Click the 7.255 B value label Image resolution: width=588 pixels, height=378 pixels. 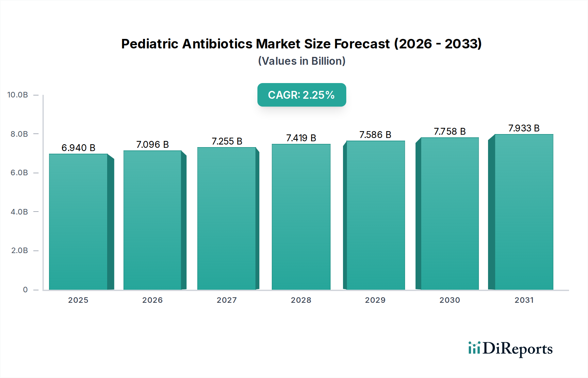tap(227, 141)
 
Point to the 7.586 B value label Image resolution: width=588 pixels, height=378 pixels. tap(375, 135)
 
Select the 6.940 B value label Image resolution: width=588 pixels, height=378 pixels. tap(78, 148)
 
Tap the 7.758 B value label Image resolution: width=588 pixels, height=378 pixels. tap(449, 131)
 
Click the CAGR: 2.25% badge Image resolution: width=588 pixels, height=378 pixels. tap(302, 95)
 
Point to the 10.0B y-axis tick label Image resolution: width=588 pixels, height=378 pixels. tap(18, 95)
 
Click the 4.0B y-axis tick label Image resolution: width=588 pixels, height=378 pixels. tap(19, 212)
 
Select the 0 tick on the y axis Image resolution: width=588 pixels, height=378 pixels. tap(25, 289)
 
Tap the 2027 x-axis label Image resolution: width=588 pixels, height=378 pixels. tap(227, 300)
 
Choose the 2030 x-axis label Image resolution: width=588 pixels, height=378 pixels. tap(449, 300)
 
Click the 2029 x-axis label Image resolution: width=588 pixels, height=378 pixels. tap(375, 300)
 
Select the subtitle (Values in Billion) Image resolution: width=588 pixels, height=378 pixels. tap(302, 61)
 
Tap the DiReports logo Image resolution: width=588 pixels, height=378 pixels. tap(510, 349)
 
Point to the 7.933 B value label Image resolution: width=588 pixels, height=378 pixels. tap(524, 128)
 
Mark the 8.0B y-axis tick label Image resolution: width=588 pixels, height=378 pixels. tap(19, 134)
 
